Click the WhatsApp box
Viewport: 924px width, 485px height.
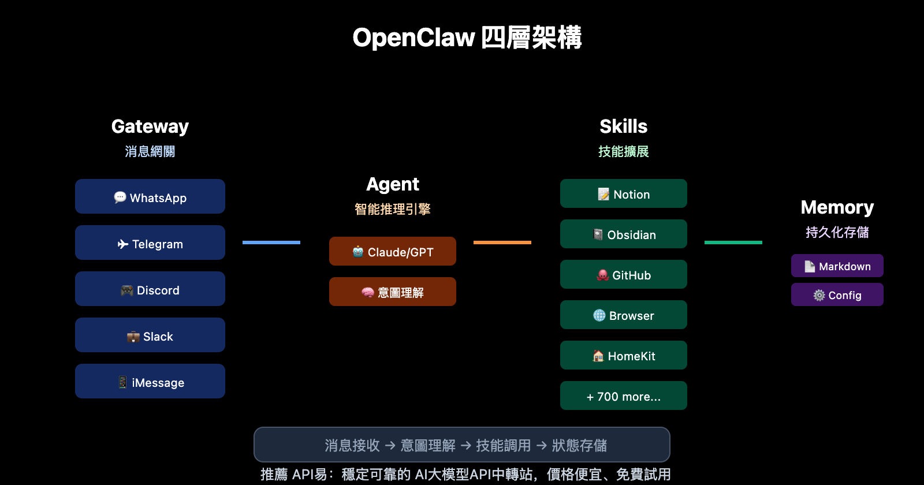[150, 197]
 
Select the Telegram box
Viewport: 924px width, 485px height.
[150, 243]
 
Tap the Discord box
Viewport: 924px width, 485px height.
[150, 289]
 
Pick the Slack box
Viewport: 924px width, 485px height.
[150, 335]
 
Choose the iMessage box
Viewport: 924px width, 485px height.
[150, 382]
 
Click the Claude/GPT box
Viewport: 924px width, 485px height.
[393, 252]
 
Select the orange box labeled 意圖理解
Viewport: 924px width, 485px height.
[393, 292]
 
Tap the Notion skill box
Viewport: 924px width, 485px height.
[624, 194]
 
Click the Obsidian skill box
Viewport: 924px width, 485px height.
[624, 234]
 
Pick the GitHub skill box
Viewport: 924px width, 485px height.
[624, 275]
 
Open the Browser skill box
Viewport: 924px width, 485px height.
[624, 315]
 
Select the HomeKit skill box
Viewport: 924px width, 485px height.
[624, 356]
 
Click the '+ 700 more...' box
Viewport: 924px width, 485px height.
[624, 396]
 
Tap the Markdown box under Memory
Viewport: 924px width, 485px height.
[837, 266]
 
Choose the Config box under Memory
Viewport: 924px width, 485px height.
[837, 295]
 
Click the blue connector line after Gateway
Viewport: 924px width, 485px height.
[271, 242]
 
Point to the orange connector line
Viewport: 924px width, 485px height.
[502, 242]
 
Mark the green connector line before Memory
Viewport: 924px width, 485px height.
[733, 242]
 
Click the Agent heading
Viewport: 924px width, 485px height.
[393, 184]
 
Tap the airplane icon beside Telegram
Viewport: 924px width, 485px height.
[122, 244]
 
